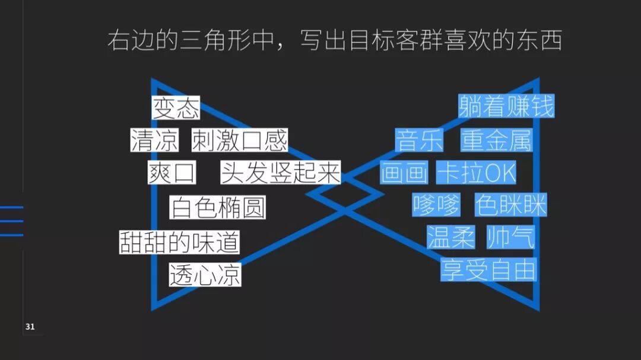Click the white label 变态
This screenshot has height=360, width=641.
tap(176, 109)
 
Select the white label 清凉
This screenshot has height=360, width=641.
tap(154, 141)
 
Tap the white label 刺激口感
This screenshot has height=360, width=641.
tap(239, 141)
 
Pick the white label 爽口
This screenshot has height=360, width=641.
tap(172, 173)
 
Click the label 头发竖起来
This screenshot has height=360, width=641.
tap(280, 173)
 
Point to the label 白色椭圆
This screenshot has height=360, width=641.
tap(217, 208)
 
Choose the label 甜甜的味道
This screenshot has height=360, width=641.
tap(180, 242)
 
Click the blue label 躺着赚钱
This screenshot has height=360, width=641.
tap(506, 107)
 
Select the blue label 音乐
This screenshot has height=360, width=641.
tap(420, 141)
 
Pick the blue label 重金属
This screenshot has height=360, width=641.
tap(496, 141)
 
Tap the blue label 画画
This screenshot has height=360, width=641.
tap(404, 173)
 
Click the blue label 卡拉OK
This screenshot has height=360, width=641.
tap(476, 173)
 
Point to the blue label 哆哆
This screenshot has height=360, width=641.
tap(436, 206)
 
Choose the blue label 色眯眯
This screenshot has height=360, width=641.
tap(510, 206)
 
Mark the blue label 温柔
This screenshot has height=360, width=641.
tap(451, 237)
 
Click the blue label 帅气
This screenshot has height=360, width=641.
tap(510, 237)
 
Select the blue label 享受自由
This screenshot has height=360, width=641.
tap(488, 270)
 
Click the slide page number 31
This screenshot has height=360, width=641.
tap(30, 327)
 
